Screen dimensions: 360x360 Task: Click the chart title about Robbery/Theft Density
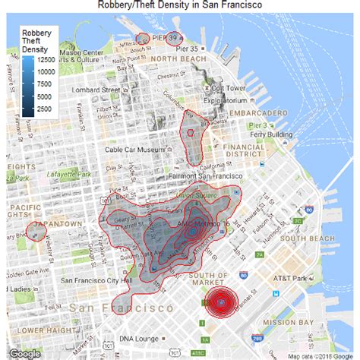pos(180,5)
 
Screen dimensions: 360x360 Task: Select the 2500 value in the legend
pos(45,110)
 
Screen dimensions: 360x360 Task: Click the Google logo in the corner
pos(25,352)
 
